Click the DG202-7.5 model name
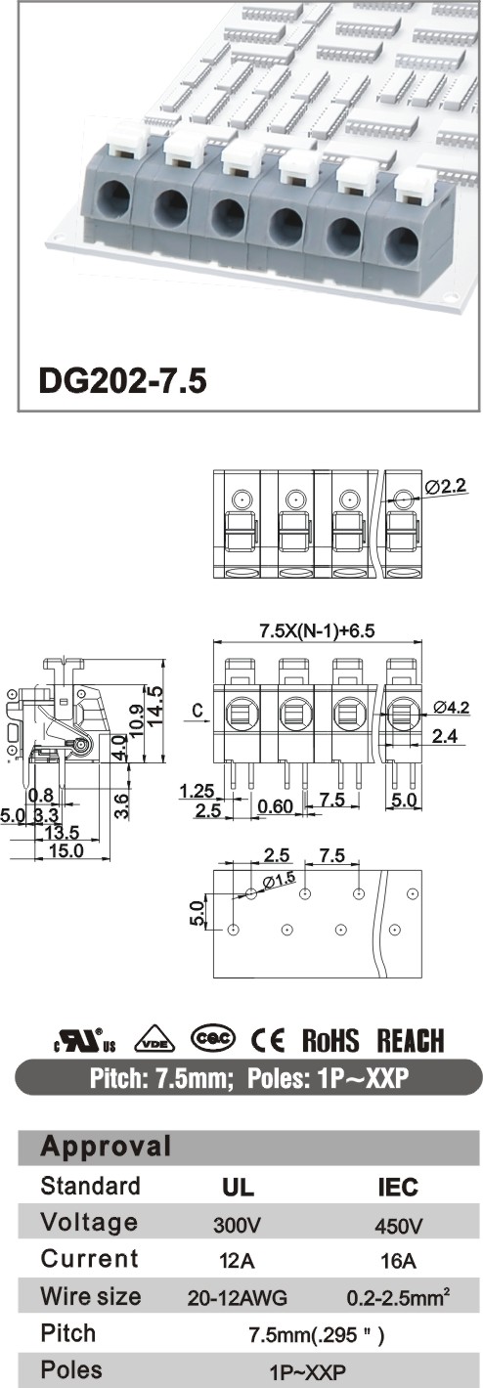(122, 381)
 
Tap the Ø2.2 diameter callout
(445, 487)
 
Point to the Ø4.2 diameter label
(452, 707)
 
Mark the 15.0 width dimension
(66, 850)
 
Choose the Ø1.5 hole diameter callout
(279, 882)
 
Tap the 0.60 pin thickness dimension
(275, 806)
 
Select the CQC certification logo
(213, 1037)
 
